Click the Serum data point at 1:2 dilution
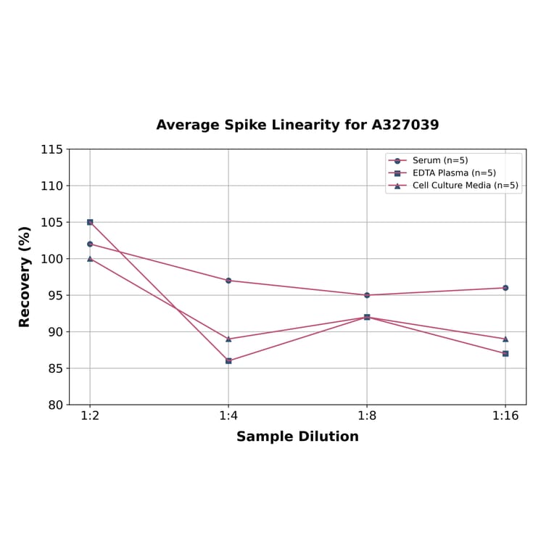click(x=90, y=244)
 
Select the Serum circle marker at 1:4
click(x=228, y=281)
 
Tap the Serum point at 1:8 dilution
click(x=367, y=295)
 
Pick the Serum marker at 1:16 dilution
click(x=505, y=288)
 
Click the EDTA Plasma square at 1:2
click(x=90, y=222)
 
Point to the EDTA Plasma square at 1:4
click(x=228, y=360)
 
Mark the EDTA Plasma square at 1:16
click(x=505, y=353)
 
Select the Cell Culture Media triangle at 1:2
click(x=90, y=259)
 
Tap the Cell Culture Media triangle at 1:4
click(x=228, y=339)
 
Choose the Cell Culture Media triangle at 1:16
click(x=505, y=339)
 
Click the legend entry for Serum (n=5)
click(x=440, y=160)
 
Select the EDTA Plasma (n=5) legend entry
click(x=454, y=173)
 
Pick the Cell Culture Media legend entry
click(x=465, y=185)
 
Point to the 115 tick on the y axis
click(x=51, y=149)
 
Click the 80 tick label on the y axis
click(x=55, y=405)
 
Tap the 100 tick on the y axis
click(x=51, y=259)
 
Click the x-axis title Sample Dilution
click(x=297, y=437)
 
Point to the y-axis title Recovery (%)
click(x=25, y=276)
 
